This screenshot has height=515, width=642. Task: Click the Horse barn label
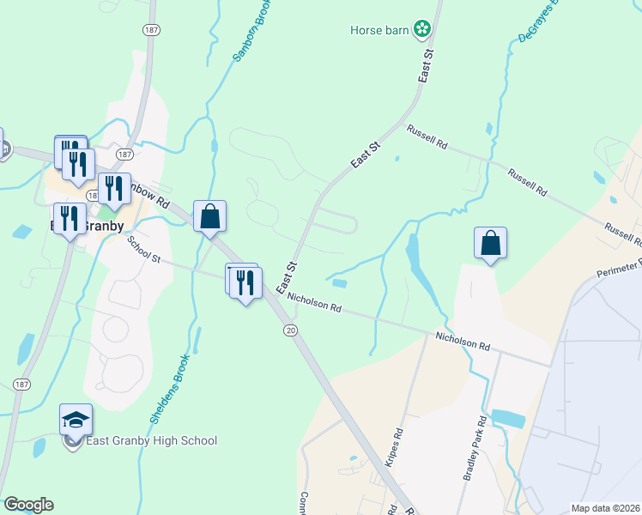pos(379,31)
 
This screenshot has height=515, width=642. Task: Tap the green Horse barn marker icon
pos(421,30)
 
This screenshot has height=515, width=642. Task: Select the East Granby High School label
pos(151,441)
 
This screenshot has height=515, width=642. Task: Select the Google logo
pos(28,505)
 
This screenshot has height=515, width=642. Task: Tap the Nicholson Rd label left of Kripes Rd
pos(315,302)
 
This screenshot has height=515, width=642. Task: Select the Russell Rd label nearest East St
pos(427,136)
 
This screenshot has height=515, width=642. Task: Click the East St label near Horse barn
pos(427,65)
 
